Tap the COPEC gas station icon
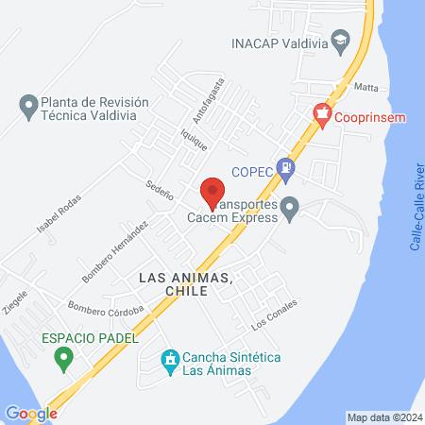289,170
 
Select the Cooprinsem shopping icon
322,116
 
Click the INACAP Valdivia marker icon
341,42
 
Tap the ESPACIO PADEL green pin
63,357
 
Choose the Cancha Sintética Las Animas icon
170,360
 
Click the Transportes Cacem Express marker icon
291,207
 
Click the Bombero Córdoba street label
106,308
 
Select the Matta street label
365,87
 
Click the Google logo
31,413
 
